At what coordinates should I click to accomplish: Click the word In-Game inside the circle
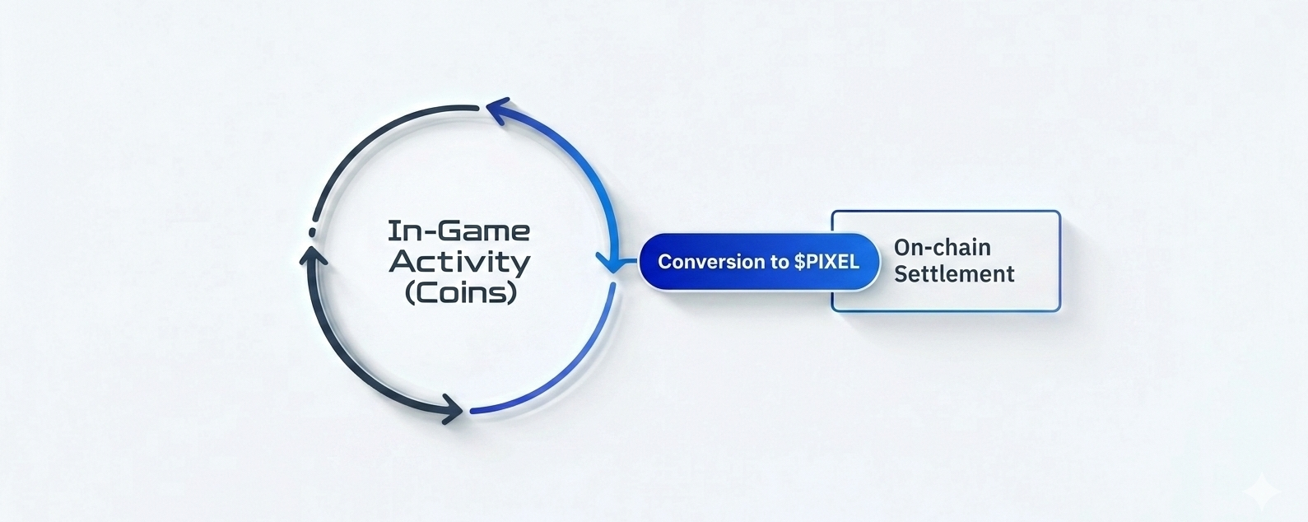[x=458, y=231]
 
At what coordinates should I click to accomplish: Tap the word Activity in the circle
[x=459, y=262]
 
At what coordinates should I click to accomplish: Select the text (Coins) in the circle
[x=460, y=292]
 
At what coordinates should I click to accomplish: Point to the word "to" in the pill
[x=780, y=262]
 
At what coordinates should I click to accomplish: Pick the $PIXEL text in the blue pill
[x=826, y=262]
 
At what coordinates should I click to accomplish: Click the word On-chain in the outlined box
[x=942, y=247]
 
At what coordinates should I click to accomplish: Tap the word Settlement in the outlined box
[x=954, y=273]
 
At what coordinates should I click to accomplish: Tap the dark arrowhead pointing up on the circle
[x=312, y=256]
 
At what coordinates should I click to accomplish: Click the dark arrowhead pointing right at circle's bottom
[x=452, y=408]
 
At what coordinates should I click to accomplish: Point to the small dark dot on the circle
[x=311, y=232]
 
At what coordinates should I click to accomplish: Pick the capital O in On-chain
[x=902, y=247]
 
